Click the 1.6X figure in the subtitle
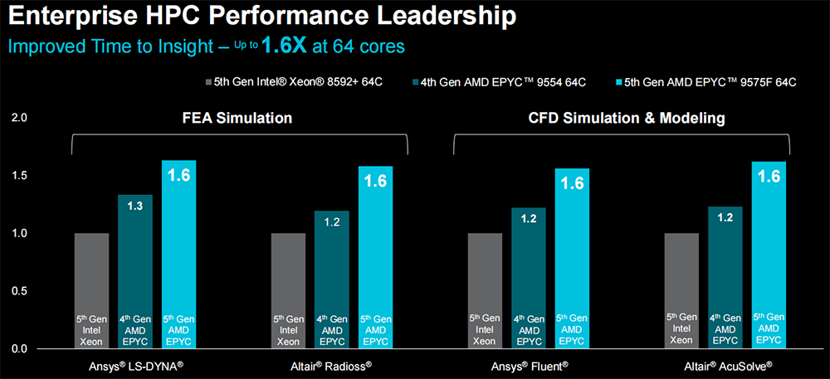point(284,46)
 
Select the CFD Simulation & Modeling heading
point(627,119)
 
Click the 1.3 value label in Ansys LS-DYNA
point(134,205)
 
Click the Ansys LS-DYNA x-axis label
point(135,366)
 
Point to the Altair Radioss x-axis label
point(332,366)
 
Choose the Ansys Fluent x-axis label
point(528,366)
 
